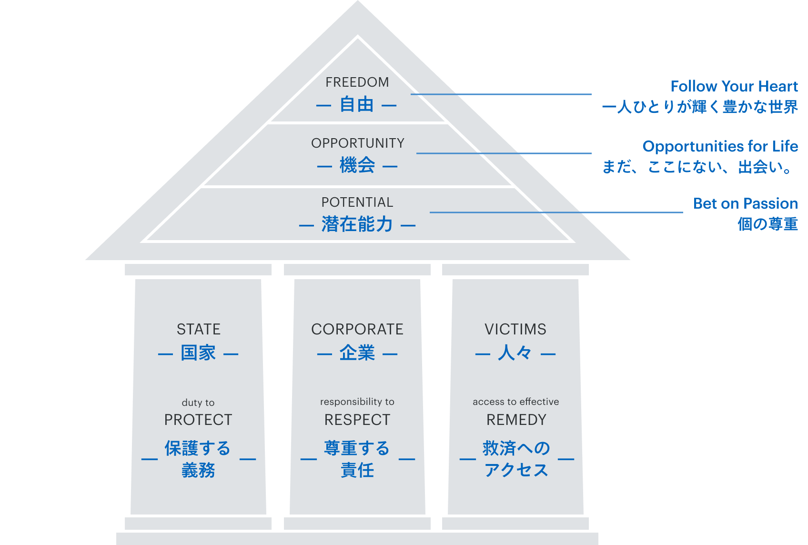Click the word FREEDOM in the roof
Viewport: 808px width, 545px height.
pyautogui.click(x=357, y=82)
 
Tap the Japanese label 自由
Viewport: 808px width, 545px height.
pyautogui.click(x=357, y=104)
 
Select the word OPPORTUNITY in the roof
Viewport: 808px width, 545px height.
pyautogui.click(x=357, y=143)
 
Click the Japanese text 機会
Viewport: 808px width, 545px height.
pyautogui.click(x=357, y=165)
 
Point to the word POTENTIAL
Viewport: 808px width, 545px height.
pyautogui.click(x=357, y=202)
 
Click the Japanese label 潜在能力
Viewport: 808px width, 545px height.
pyautogui.click(x=357, y=224)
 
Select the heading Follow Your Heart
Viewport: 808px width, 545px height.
pyautogui.click(x=734, y=86)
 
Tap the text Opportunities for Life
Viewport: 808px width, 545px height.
pyautogui.click(x=720, y=146)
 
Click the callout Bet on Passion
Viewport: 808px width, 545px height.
pyautogui.click(x=745, y=203)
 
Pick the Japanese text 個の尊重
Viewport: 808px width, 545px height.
pyautogui.click(x=767, y=224)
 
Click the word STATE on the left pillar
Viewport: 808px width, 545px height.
pyautogui.click(x=198, y=329)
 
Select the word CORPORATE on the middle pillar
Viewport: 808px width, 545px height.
pyautogui.click(x=357, y=329)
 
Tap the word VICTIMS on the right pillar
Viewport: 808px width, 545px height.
pyautogui.click(x=515, y=329)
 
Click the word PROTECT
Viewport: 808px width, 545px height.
pyautogui.click(x=198, y=420)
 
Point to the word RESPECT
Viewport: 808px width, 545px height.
pyautogui.click(x=357, y=420)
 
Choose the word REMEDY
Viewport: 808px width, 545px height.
pyautogui.click(x=516, y=420)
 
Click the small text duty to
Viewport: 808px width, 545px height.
pyautogui.click(x=198, y=403)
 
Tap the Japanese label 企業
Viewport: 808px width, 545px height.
pyautogui.click(x=357, y=353)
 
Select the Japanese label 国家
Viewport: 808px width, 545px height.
pyautogui.click(x=198, y=353)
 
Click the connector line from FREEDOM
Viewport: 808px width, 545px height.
pyautogui.click(x=500, y=94)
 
